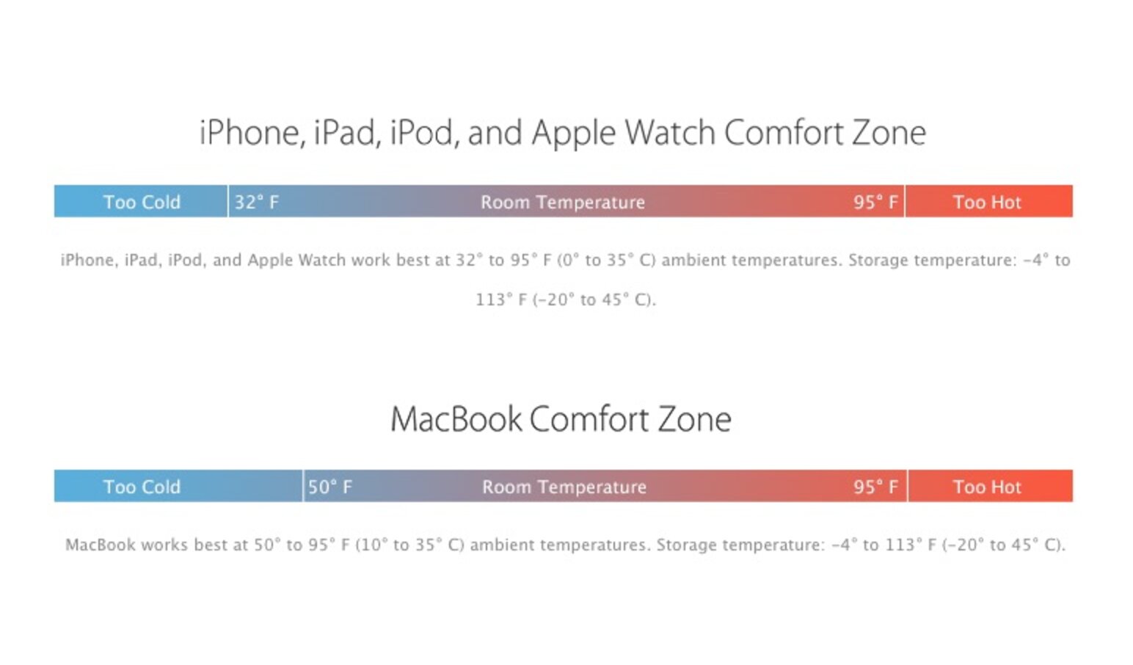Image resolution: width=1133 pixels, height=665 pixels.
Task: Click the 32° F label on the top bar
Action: tap(256, 202)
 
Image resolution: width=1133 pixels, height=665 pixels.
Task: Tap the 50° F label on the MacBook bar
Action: tap(329, 487)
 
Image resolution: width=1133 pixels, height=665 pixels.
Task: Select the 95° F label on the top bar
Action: tap(875, 202)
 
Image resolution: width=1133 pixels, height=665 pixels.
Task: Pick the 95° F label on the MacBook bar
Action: tap(875, 487)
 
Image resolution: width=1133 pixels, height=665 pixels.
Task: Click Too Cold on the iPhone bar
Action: tap(142, 202)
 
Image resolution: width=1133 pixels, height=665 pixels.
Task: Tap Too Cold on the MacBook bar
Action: tap(142, 487)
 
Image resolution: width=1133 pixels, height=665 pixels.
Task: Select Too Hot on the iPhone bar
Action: tap(987, 202)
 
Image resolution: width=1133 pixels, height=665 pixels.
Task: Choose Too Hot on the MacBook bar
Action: tap(987, 487)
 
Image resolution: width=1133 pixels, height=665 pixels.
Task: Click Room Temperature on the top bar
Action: tap(563, 202)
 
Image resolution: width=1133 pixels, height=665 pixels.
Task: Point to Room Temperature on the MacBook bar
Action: tap(564, 487)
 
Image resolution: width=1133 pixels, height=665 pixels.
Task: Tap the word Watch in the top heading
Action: tap(669, 133)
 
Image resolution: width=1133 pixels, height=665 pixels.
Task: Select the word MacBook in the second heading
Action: tap(456, 419)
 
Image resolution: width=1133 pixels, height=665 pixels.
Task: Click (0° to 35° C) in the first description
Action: tap(606, 260)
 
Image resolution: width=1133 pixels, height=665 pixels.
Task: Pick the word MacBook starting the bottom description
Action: tap(100, 545)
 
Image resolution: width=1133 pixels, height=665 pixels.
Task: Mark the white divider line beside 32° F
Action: tap(227, 201)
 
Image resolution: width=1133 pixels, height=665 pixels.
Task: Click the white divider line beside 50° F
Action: tap(302, 486)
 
